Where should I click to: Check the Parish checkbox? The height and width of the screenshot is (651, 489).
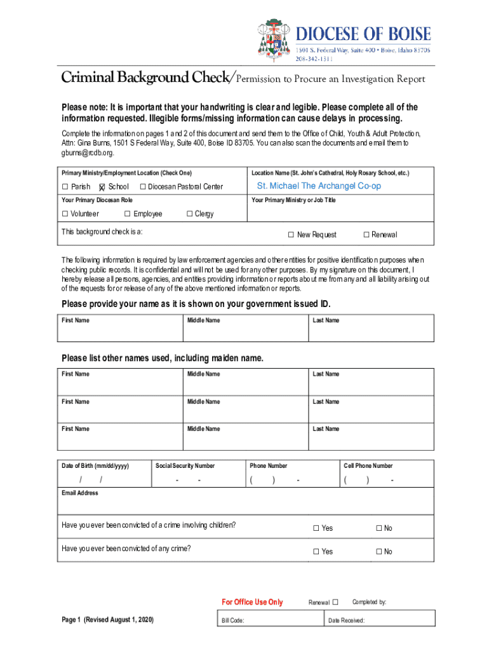coord(65,187)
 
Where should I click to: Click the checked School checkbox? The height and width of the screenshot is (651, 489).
coord(102,187)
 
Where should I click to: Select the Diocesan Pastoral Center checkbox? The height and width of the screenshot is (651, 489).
coord(143,187)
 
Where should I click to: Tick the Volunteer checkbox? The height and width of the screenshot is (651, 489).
coord(65,214)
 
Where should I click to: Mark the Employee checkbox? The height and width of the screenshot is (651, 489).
coord(127,214)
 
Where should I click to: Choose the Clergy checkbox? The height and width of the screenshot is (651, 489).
coord(189,214)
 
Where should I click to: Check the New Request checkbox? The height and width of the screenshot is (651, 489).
coord(291,235)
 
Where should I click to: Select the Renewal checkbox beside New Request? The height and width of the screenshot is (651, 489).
coord(366,235)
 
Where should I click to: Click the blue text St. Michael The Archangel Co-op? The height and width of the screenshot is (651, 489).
coord(319,186)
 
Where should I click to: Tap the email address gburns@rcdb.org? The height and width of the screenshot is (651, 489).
coord(88,153)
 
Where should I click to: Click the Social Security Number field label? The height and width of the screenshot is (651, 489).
coord(185,466)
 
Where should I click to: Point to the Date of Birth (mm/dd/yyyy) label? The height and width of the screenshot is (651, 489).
coord(95,466)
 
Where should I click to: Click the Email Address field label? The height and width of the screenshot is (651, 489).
coord(80,493)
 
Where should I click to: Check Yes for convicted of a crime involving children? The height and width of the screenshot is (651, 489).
coord(316,528)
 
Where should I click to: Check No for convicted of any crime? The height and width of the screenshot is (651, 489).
coord(378,552)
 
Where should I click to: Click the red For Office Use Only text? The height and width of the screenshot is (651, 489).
coord(252,602)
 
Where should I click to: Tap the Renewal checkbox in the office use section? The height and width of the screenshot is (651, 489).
coord(335,602)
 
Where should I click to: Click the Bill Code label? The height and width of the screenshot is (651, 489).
coord(232,621)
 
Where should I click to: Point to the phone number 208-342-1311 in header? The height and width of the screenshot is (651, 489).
coord(314,59)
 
